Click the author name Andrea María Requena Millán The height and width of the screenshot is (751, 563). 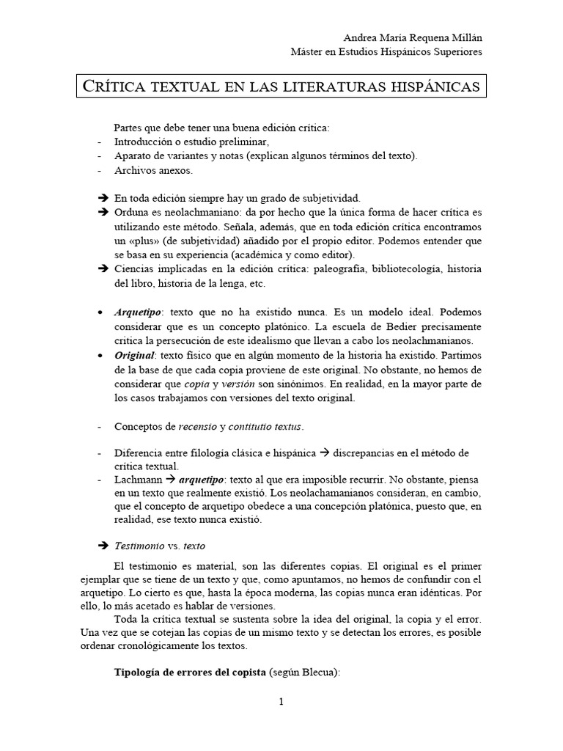413,37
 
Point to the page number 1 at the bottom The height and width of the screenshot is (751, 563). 281,701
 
